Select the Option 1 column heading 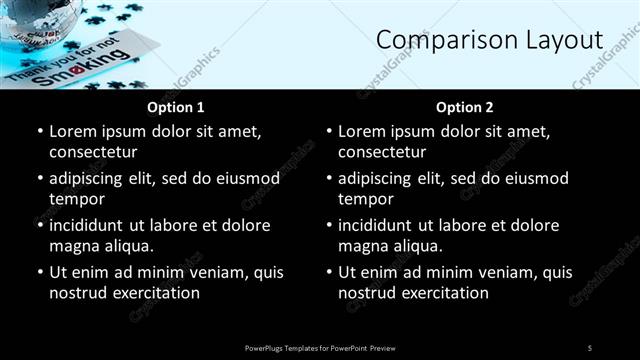click(x=176, y=107)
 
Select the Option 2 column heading click(x=465, y=107)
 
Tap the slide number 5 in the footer click(x=590, y=347)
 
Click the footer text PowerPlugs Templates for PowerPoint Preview click(x=320, y=347)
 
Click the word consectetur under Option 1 click(x=93, y=152)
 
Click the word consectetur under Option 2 click(x=382, y=152)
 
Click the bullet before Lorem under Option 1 click(x=39, y=132)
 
